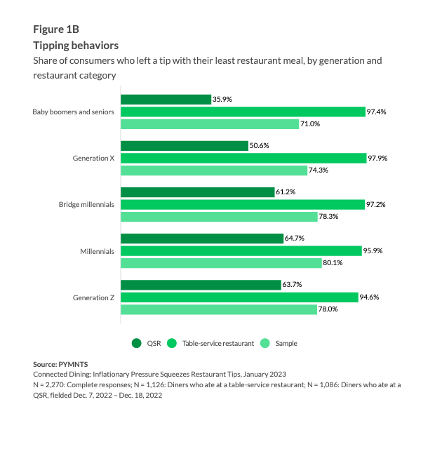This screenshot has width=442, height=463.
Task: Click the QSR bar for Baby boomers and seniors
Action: tap(166, 100)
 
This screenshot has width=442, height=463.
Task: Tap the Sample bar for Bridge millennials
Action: tap(218, 216)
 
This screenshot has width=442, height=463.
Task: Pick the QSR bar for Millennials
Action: tap(202, 239)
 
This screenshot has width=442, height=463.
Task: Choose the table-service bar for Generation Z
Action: tap(239, 297)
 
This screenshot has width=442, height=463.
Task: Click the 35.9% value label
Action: tap(222, 100)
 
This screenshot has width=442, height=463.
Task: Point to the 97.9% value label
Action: tap(377, 158)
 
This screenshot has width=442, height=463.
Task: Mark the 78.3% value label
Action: tap(328, 216)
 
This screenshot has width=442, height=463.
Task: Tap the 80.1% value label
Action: tap(333, 262)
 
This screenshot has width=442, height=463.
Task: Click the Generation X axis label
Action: tap(94, 158)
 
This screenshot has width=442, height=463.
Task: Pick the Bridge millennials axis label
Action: tap(87, 204)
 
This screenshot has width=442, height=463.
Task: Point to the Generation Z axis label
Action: tap(94, 297)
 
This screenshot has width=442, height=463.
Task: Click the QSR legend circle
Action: tap(137, 343)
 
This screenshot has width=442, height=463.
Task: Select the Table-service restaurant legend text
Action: tap(218, 344)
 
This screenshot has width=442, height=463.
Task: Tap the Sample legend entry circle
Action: tap(265, 343)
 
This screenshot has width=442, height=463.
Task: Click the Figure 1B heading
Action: tap(56, 29)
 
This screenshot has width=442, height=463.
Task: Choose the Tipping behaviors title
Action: tap(76, 46)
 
